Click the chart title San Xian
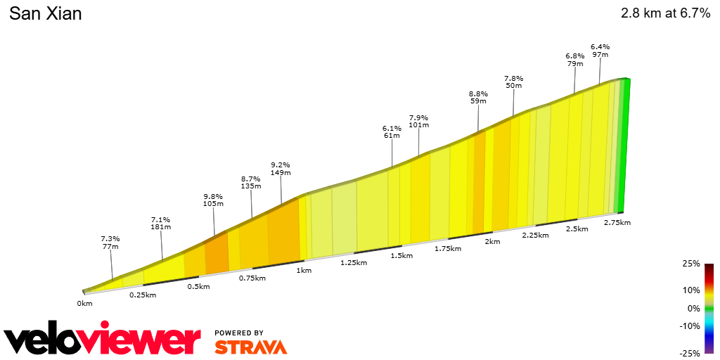[x=46, y=14]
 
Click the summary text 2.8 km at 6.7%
[x=665, y=13]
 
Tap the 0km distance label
[x=84, y=304]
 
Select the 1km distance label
[x=304, y=271]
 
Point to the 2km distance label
[x=491, y=242]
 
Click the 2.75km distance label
[x=617, y=222]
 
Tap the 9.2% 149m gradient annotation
[x=281, y=169]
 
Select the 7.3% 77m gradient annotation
[x=110, y=243]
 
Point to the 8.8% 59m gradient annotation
[x=478, y=97]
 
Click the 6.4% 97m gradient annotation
[x=600, y=51]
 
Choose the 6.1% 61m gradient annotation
[x=392, y=131]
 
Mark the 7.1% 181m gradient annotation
[x=160, y=224]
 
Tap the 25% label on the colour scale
[x=691, y=264]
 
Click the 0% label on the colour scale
[x=693, y=308]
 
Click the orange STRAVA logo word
[x=250, y=347]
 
